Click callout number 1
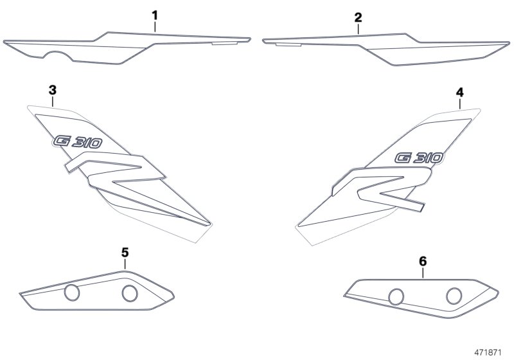coord(155,15)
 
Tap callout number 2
coord(359,18)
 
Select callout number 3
coord(53,90)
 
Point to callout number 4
coord(460,93)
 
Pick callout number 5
coord(125,253)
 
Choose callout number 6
coord(423,261)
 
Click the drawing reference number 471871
coord(488,352)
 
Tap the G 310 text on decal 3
coord(77,142)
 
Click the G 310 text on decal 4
coord(420,158)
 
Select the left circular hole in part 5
coord(72,292)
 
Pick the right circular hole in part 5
coord(130,293)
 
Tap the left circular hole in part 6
coord(396,297)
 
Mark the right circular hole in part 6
coord(454,296)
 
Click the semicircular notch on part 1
coord(58,56)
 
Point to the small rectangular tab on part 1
coord(224,43)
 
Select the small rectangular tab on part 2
coord(288,44)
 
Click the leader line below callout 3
coord(53,102)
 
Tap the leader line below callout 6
coord(423,273)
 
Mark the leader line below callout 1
coord(155,26)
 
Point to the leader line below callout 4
coord(460,104)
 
